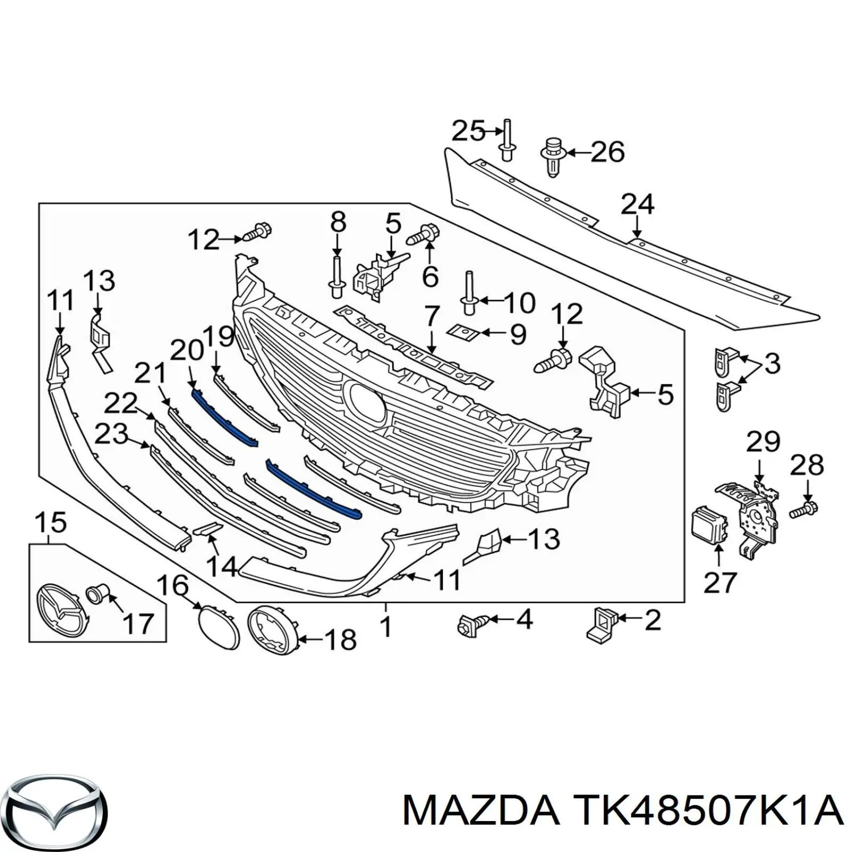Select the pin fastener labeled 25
coord(506,139)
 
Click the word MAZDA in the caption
coord(481,812)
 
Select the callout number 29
coord(763,442)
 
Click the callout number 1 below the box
coord(386,627)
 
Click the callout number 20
coord(187,350)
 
